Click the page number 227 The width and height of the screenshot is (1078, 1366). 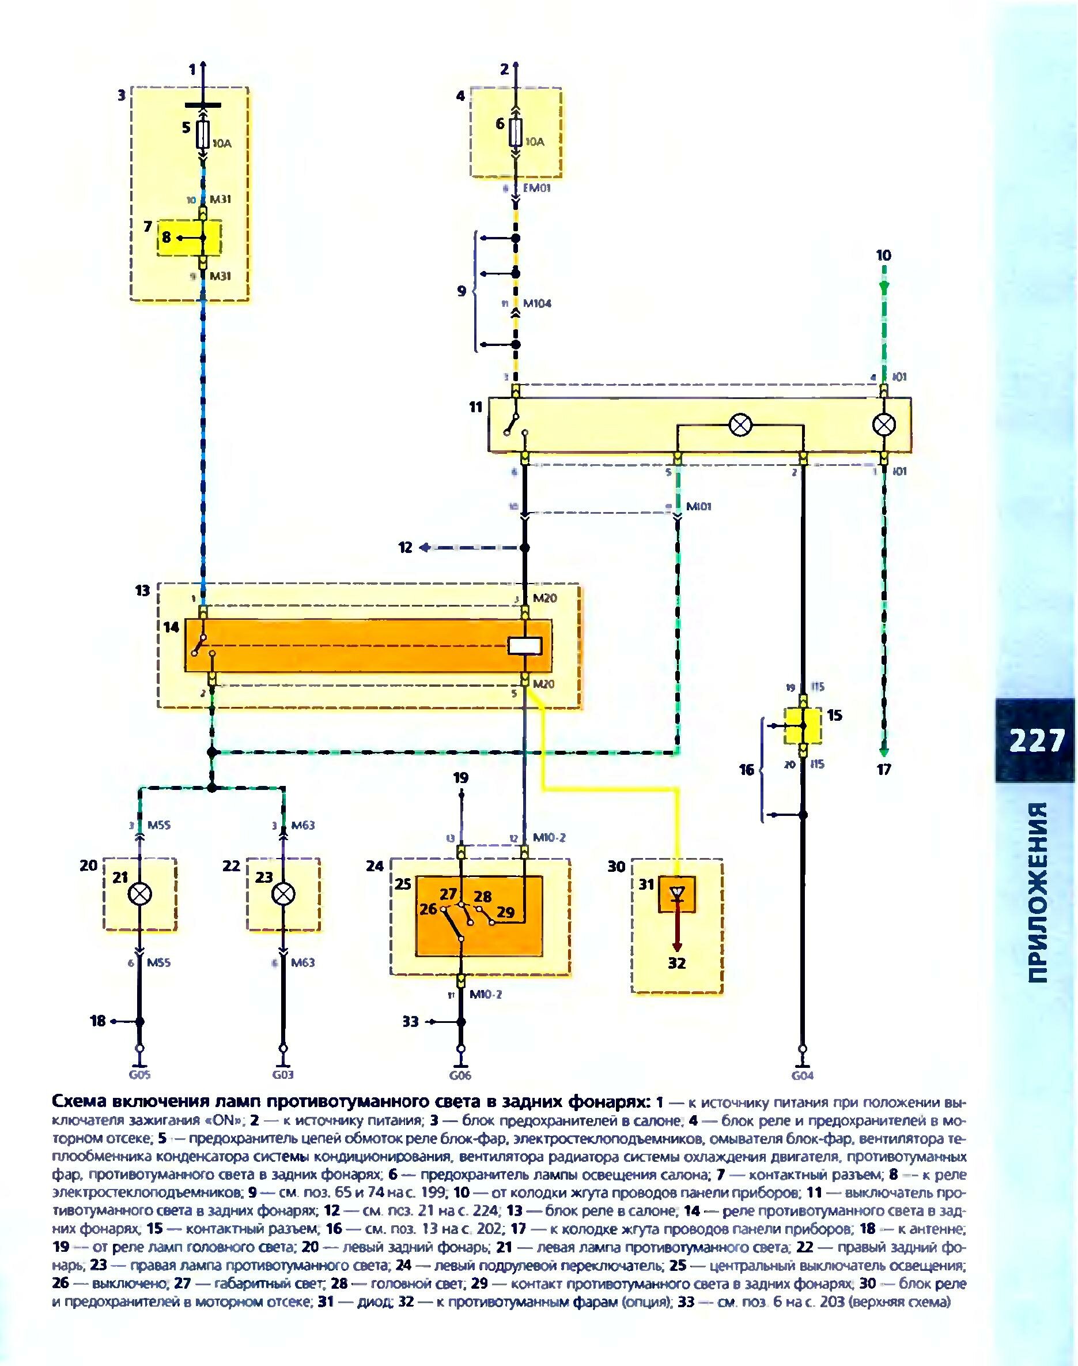(1037, 741)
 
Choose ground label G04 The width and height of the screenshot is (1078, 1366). (802, 1075)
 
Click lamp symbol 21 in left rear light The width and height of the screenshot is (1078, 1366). (140, 894)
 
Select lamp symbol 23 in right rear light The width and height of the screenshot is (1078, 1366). (283, 894)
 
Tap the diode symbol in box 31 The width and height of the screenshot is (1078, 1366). (677, 894)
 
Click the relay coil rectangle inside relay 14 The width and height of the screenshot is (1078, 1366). (524, 645)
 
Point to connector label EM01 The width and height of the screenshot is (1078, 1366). (537, 188)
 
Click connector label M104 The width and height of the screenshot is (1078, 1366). (537, 303)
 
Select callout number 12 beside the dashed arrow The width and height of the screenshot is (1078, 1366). (405, 548)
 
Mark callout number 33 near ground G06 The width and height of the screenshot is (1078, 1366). (411, 1021)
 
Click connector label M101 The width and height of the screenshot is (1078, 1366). (700, 506)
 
